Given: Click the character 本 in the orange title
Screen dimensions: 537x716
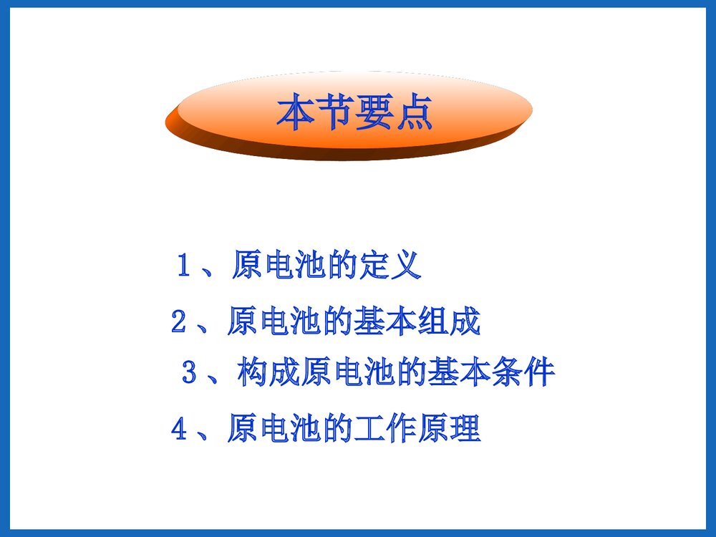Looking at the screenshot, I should click(296, 113).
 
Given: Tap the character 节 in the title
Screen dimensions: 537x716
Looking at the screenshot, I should click(335, 113).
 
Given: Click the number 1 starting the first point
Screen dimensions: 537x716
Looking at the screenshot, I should click(183, 266).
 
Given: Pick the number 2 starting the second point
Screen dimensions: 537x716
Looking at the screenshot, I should click(179, 322).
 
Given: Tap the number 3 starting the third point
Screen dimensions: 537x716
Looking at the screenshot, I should click(189, 373).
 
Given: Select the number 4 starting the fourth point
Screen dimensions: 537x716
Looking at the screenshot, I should click(179, 430).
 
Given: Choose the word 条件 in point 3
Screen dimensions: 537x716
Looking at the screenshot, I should click(523, 373).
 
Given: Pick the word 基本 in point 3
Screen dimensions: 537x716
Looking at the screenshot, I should click(460, 373).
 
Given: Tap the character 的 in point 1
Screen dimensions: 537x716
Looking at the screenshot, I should click(342, 266).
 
